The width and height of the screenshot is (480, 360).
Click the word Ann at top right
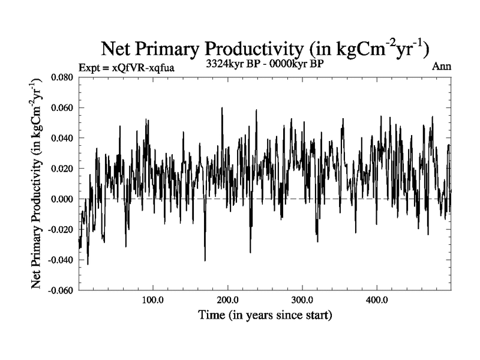[441, 67]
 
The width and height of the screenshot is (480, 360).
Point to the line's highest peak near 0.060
[222, 108]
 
